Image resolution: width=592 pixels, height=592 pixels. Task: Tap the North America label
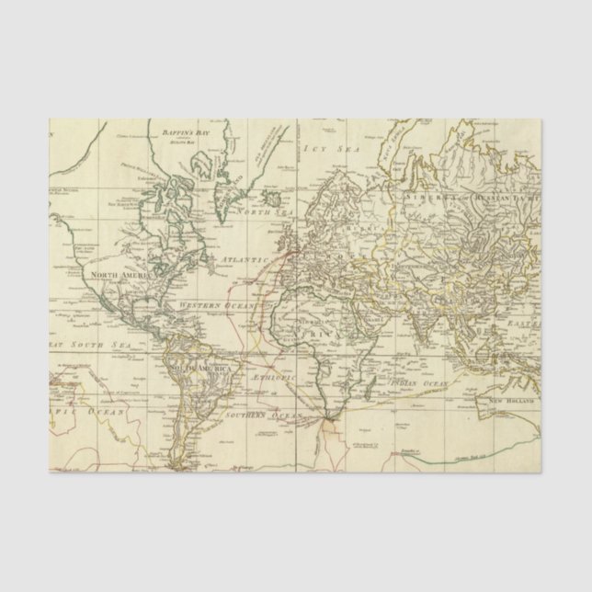click(x=118, y=273)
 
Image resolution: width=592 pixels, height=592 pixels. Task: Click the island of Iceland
click(x=270, y=196)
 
